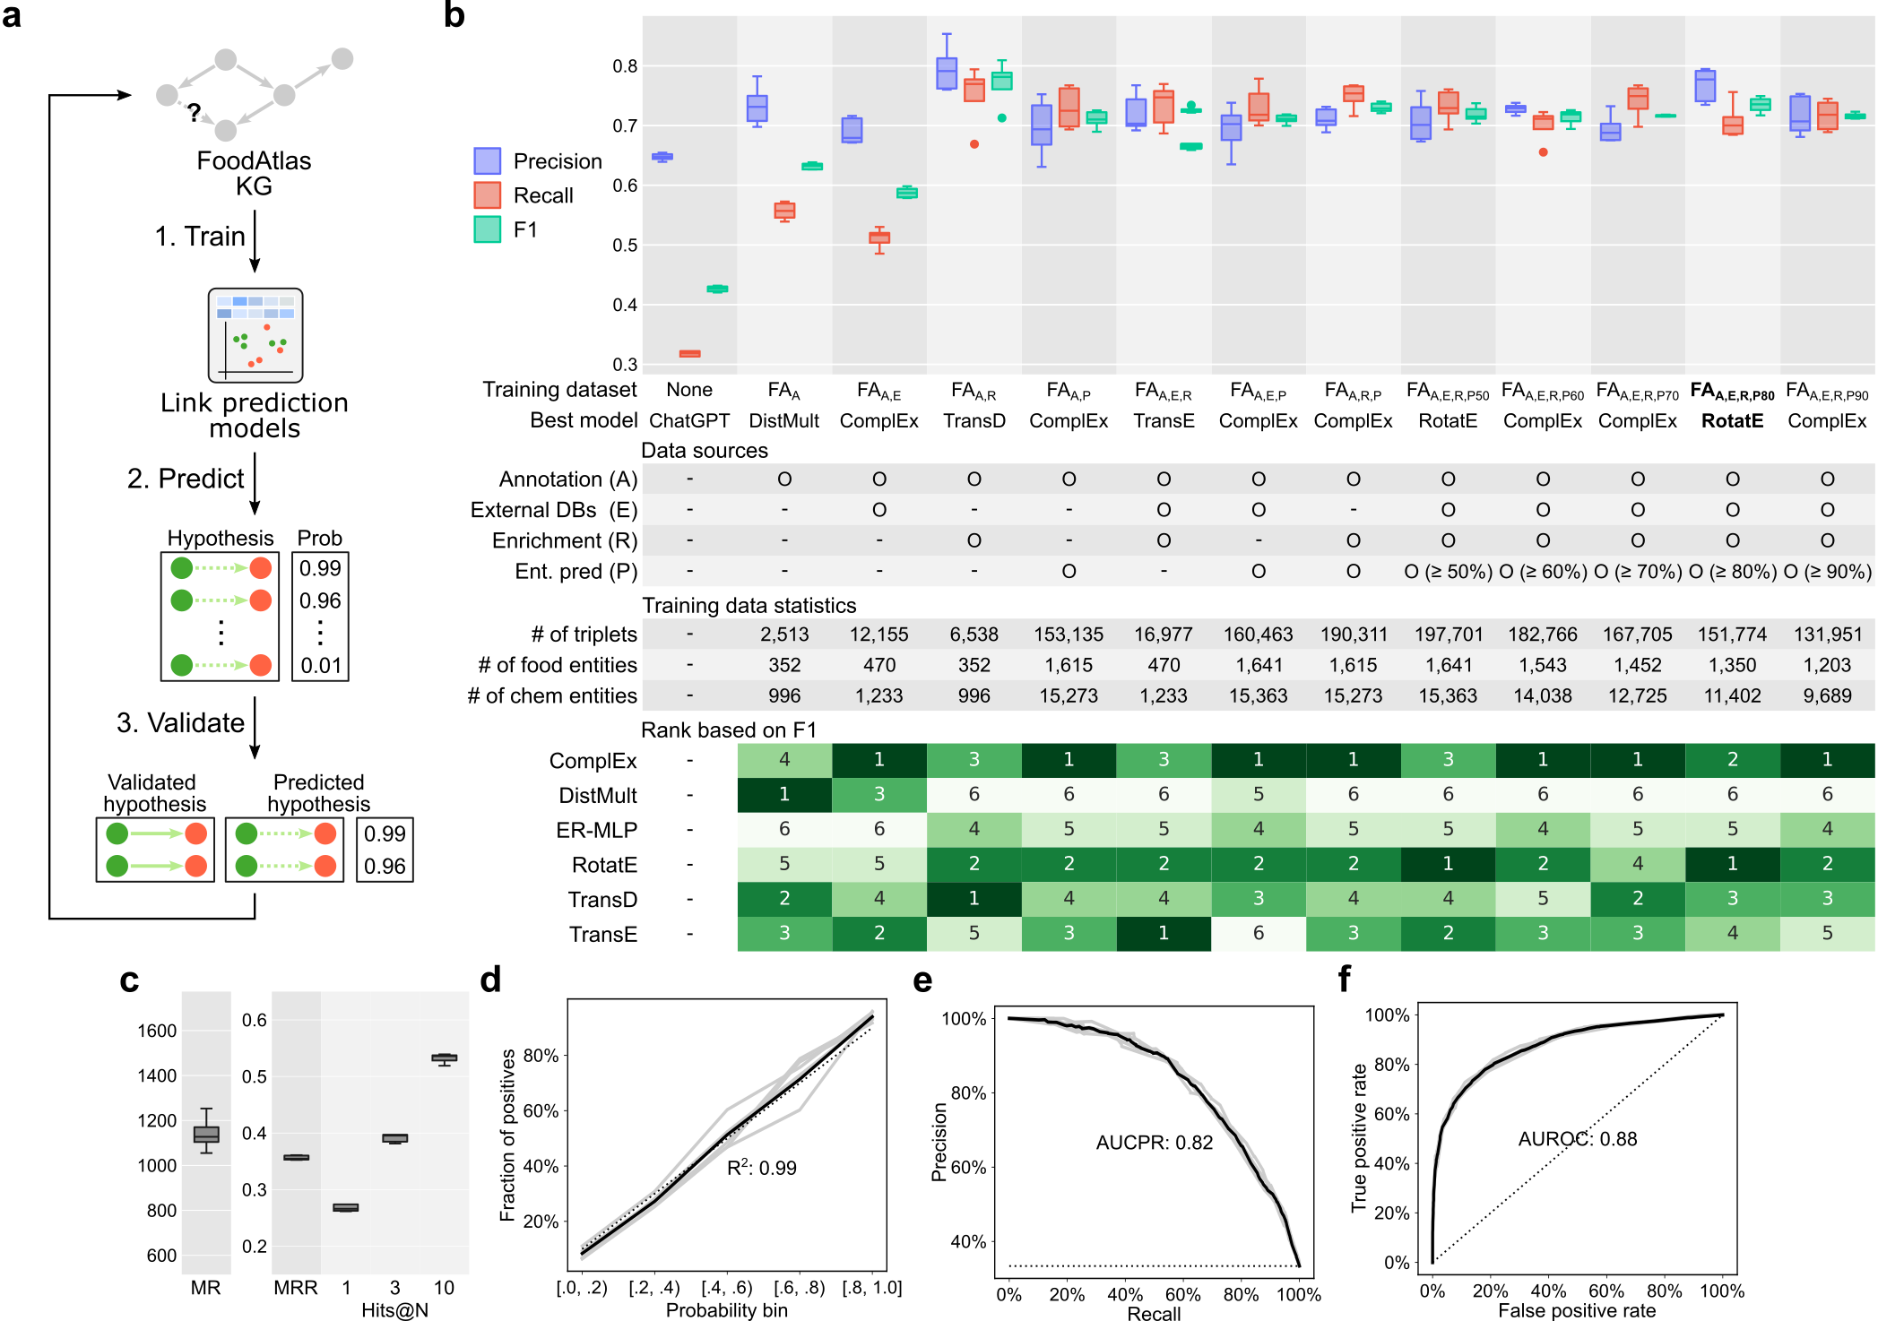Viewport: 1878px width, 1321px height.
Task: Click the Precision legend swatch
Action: (487, 161)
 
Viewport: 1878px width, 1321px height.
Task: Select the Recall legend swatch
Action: (487, 195)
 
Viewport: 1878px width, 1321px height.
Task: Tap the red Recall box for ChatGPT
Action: (689, 354)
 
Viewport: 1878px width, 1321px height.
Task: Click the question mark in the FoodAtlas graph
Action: (194, 113)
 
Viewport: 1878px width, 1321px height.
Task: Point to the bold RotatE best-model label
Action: (1732, 420)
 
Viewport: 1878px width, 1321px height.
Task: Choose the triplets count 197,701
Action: (1448, 635)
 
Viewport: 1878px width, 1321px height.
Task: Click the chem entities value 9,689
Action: (1827, 695)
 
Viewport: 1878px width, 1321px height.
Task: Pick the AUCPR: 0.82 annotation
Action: (1154, 1143)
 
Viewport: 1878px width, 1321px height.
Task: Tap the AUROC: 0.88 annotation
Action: (1577, 1139)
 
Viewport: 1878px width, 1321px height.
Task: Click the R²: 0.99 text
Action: (761, 1168)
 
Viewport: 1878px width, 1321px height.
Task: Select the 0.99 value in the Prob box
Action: (320, 568)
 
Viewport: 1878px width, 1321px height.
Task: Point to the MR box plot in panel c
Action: (206, 1134)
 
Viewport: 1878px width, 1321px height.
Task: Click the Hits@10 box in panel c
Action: (444, 1058)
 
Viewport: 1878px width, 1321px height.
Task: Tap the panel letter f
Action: (1344, 980)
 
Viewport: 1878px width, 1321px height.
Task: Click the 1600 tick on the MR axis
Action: (157, 1031)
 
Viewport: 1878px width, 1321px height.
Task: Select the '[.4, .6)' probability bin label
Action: (727, 1288)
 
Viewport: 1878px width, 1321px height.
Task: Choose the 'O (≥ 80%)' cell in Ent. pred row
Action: (1732, 572)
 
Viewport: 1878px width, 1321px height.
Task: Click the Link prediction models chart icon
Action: (255, 335)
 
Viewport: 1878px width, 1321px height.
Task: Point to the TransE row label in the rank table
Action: (602, 935)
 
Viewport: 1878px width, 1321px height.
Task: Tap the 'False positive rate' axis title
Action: (1577, 1310)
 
